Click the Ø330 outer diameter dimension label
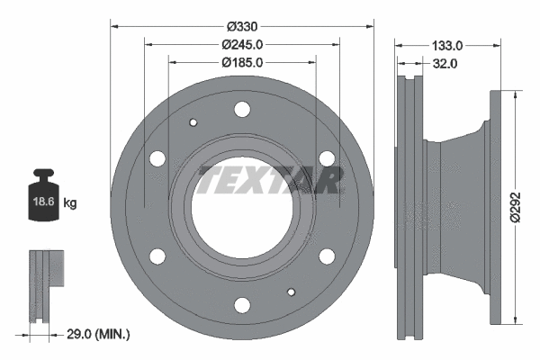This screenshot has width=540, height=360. click(x=241, y=25)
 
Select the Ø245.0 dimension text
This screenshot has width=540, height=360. click(x=241, y=44)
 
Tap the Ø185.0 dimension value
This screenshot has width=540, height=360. click(x=241, y=63)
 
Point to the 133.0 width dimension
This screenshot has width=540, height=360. click(x=447, y=44)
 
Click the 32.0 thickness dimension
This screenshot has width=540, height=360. click(x=445, y=63)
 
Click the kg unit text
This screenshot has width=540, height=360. click(x=70, y=203)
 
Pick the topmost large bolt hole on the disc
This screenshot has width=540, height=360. click(x=241, y=110)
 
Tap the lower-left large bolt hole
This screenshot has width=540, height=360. click(x=157, y=256)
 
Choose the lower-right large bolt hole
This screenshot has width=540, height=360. click(x=325, y=256)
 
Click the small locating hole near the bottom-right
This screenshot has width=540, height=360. click(x=291, y=291)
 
